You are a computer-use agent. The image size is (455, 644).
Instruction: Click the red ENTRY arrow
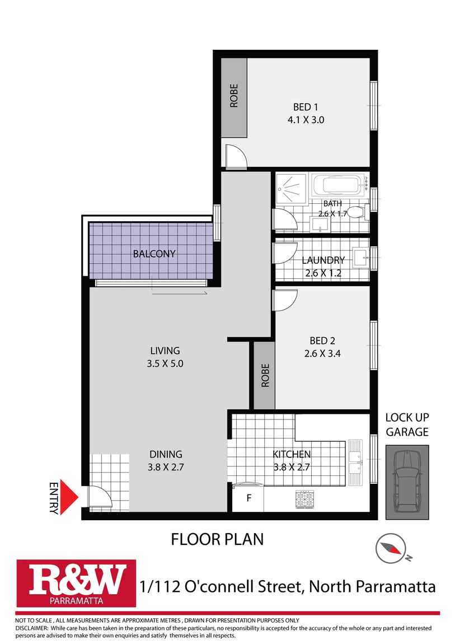(x=68, y=497)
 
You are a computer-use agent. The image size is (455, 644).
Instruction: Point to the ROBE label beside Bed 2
(x=265, y=375)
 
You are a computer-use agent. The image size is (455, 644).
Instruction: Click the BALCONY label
(x=154, y=254)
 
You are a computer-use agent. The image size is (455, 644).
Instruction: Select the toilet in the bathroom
(x=357, y=213)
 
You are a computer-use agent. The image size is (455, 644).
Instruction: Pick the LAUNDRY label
(x=322, y=260)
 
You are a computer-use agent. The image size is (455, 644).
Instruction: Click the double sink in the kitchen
(x=355, y=459)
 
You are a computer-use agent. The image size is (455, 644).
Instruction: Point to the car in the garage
(x=406, y=481)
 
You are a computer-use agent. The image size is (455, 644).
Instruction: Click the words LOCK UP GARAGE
(x=407, y=424)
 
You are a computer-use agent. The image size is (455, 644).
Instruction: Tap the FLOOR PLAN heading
(x=217, y=539)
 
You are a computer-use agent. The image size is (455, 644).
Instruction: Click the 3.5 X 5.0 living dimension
(x=165, y=363)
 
